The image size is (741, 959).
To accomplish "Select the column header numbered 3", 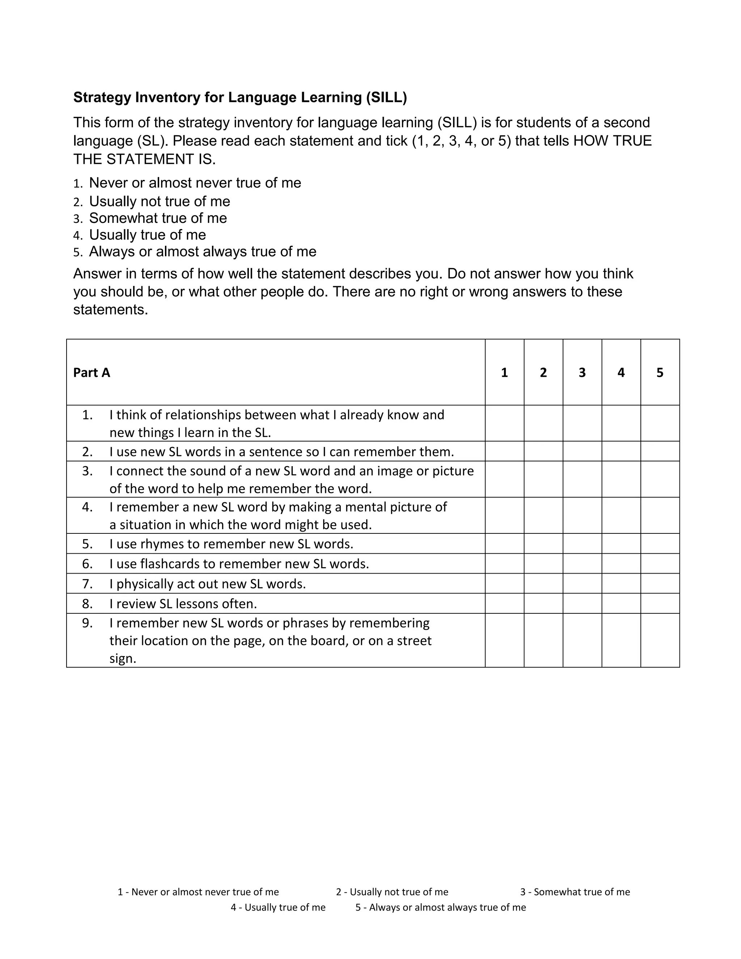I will pyautogui.click(x=582, y=372).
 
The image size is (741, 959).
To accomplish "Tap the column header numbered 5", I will pyautogui.click(x=660, y=372).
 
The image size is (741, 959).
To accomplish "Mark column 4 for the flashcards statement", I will pyautogui.click(x=621, y=563).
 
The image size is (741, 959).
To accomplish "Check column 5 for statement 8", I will pyautogui.click(x=660, y=603).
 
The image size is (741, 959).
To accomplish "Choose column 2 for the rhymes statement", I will pyautogui.click(x=543, y=544).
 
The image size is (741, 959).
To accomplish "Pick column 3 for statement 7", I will pyautogui.click(x=582, y=584).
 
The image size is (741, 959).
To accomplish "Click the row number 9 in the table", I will pyautogui.click(x=87, y=623).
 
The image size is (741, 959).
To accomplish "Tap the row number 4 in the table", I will pyautogui.click(x=87, y=507).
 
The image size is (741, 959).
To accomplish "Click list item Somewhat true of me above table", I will pyautogui.click(x=158, y=218).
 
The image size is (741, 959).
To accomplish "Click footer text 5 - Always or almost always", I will pyautogui.click(x=440, y=907).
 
